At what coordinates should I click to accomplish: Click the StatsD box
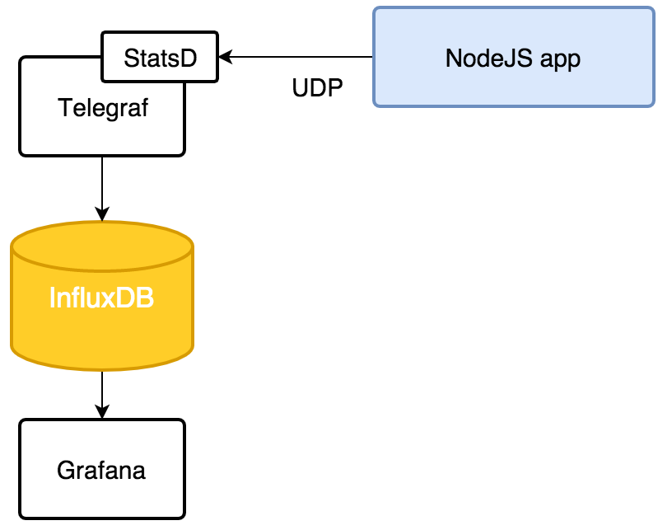[x=160, y=58]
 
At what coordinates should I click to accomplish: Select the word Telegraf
[x=103, y=107]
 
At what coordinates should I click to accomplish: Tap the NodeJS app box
[x=512, y=58]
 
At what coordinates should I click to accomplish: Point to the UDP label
[x=318, y=88]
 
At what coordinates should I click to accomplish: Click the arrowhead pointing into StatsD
[x=226, y=57]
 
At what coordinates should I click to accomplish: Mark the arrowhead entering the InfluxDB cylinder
[x=102, y=213]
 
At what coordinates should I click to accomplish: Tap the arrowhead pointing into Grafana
[x=102, y=411]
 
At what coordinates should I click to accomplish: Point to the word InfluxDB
[x=101, y=298]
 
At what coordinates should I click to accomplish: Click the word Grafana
[x=101, y=471]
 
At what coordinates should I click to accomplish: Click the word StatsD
[x=160, y=58]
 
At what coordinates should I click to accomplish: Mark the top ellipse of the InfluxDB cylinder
[x=102, y=245]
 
